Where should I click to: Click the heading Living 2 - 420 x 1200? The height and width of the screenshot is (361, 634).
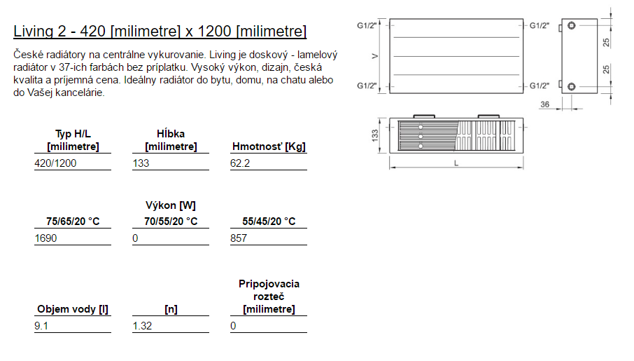tap(160, 32)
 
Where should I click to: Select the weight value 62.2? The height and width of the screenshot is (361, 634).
tap(240, 163)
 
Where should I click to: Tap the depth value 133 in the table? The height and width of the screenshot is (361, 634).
tap(141, 163)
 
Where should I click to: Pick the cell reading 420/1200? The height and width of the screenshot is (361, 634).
tap(55, 163)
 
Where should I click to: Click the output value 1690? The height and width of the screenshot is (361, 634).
tap(45, 238)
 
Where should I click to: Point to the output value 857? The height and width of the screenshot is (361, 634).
tap(239, 238)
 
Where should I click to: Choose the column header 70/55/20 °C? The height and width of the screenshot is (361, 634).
tap(171, 222)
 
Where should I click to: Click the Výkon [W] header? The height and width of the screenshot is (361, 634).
tap(171, 205)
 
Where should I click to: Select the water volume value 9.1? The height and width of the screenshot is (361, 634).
tap(41, 326)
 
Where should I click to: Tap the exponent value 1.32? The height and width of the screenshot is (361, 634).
tap(142, 326)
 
